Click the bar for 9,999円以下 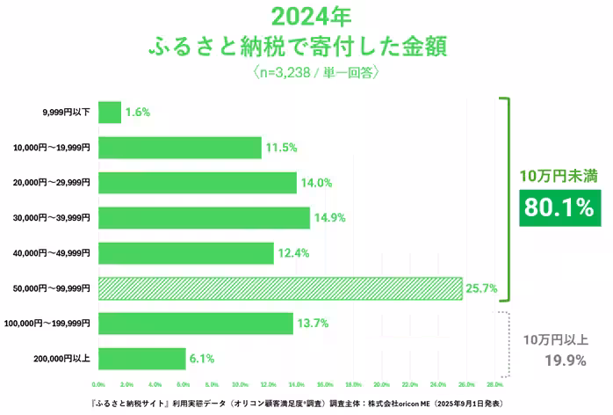point(110,112)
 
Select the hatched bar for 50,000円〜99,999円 point(280,288)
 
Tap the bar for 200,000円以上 point(141,359)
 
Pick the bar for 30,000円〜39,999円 point(204,218)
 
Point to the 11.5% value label point(281,148)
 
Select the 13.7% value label point(313,324)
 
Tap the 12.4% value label point(294,253)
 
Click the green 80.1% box point(558,207)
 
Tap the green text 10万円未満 point(558,176)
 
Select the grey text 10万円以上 point(558,339)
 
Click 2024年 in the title point(306,17)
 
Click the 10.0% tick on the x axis point(240,385)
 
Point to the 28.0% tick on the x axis point(494,385)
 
